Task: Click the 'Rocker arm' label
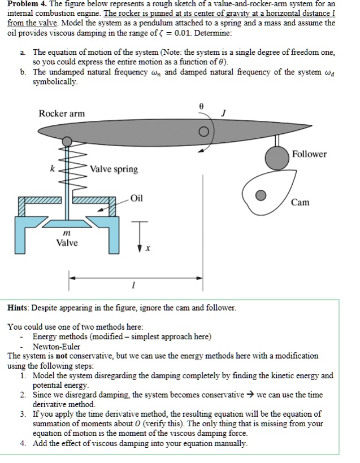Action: click(62, 113)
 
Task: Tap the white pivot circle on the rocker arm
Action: click(202, 133)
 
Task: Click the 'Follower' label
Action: click(310, 154)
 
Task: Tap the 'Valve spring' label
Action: click(114, 169)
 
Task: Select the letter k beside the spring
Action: click(53, 169)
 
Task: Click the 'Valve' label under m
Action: click(67, 243)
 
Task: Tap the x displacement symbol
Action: click(148, 248)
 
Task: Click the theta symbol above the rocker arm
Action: click(202, 106)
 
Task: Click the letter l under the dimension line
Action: click(132, 287)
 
